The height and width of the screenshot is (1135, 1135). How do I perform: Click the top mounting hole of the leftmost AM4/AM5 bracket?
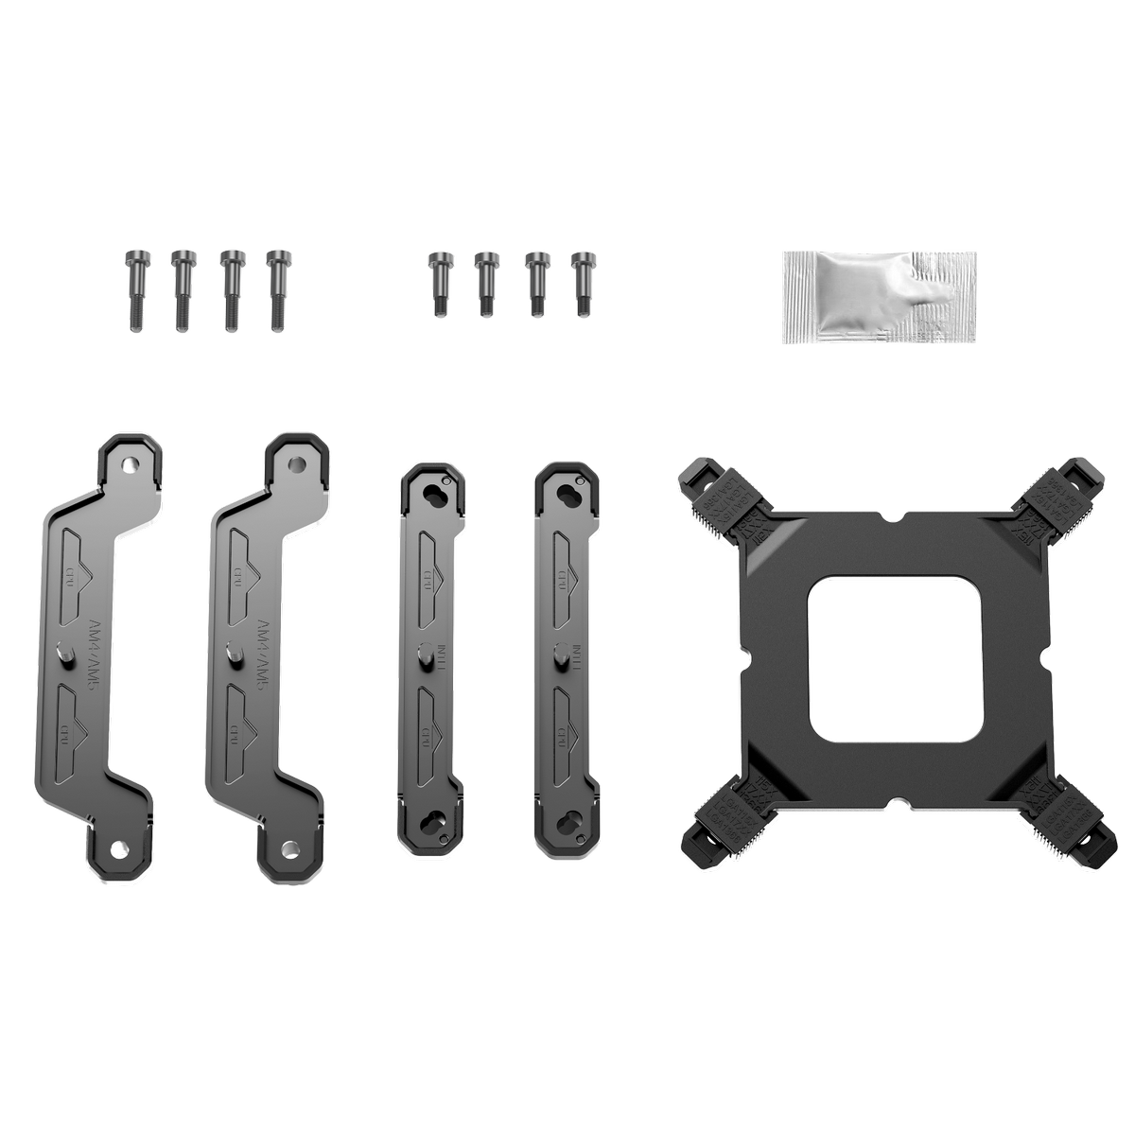pyautogui.click(x=131, y=464)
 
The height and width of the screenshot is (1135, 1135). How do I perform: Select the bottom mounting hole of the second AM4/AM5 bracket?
pyautogui.click(x=288, y=848)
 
